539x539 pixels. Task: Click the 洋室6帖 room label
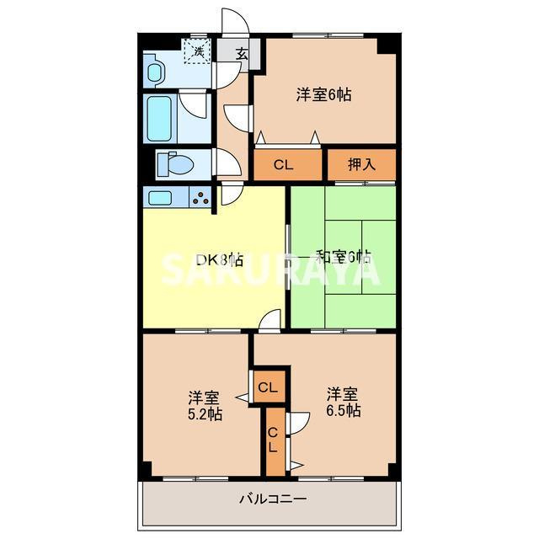323,94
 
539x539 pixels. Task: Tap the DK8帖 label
220,260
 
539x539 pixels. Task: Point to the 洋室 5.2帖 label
205,405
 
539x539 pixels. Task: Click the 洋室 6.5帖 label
344,403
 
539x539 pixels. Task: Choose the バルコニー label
272,498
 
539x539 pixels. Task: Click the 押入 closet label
361,165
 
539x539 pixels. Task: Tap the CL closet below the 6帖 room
283,165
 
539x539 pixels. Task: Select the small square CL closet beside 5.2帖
268,387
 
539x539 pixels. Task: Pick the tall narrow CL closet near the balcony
273,440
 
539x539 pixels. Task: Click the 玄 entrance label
242,53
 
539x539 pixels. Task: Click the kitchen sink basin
160,198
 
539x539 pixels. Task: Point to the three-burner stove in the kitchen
201,198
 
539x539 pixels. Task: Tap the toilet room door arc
227,160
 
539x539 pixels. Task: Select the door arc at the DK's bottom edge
269,320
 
